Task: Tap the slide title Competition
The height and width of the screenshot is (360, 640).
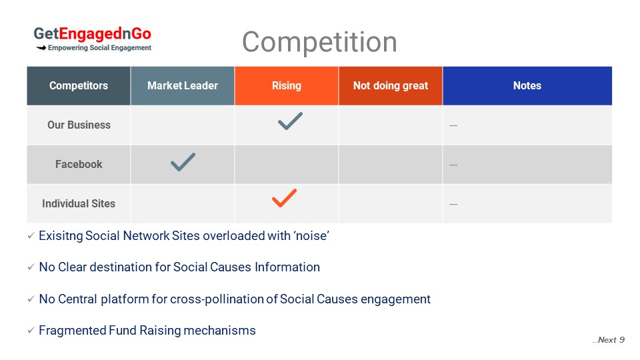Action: coord(319,41)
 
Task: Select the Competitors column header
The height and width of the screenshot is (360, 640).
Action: coord(79,86)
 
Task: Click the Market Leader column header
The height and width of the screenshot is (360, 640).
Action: coord(183,86)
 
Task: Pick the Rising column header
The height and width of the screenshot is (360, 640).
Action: coord(287,86)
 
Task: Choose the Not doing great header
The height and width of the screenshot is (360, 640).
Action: coord(391,86)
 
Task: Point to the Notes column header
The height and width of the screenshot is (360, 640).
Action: coord(527,86)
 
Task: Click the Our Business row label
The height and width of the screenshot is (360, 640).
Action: coord(79,125)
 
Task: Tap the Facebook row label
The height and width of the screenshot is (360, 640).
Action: coord(79,164)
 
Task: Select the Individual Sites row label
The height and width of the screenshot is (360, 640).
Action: coord(79,203)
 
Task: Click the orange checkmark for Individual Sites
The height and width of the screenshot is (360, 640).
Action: coord(283,199)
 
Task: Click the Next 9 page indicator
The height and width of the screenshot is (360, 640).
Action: coord(608,340)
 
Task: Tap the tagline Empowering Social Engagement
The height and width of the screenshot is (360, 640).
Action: coord(99,48)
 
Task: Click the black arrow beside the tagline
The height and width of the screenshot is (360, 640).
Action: coord(41,48)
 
